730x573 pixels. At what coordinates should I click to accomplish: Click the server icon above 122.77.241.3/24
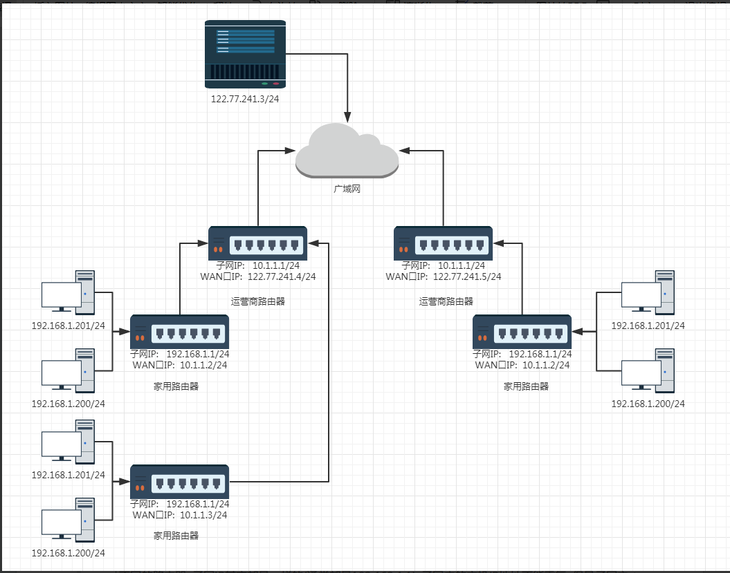[246, 54]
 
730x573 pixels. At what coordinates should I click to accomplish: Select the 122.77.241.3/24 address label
[246, 99]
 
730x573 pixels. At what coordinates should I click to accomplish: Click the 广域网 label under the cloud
[347, 189]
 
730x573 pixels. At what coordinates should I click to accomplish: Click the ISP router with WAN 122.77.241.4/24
[257, 243]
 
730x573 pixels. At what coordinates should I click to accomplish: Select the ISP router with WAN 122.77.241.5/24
[443, 243]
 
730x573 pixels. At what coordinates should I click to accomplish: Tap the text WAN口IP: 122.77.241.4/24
[257, 276]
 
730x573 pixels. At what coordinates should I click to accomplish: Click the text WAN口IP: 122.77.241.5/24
[443, 276]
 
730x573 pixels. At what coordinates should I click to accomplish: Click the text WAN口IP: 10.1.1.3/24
[180, 515]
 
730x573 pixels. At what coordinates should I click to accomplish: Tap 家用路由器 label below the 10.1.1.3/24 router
[176, 535]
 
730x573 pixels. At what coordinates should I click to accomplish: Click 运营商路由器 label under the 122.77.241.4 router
[258, 301]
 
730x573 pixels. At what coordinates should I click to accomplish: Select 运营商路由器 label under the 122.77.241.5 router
[446, 301]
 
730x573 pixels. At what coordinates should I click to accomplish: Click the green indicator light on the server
[264, 84]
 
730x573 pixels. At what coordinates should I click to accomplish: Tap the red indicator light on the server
[276, 84]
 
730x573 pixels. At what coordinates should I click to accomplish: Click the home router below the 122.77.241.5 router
[522, 332]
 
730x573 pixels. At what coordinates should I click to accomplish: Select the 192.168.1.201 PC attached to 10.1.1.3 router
[68, 447]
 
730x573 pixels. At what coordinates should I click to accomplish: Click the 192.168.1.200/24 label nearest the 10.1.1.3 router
[68, 553]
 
